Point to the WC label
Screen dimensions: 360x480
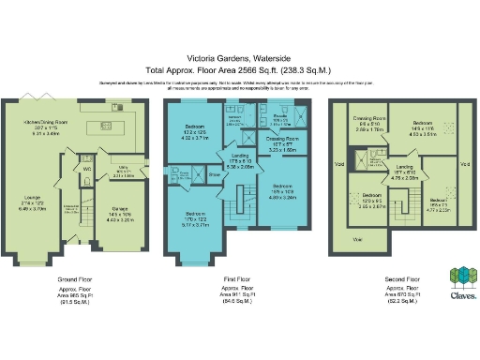[x=85, y=170]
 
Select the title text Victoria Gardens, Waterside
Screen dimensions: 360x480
[x=239, y=58]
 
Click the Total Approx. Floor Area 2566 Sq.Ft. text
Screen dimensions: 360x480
[x=239, y=70]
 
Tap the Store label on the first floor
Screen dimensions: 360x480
[x=213, y=173]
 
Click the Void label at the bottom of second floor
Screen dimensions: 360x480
[x=357, y=240]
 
